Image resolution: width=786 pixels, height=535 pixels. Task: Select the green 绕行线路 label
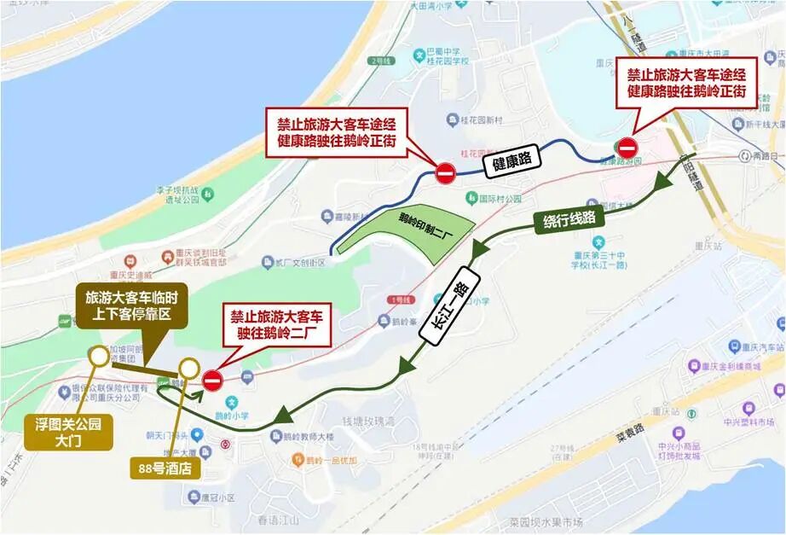tap(569, 220)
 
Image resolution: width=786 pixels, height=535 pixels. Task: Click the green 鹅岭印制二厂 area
tap(400, 227)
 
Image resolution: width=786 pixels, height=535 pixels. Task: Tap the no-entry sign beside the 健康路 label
tap(445, 174)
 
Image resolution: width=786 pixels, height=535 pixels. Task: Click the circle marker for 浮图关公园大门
tap(99, 355)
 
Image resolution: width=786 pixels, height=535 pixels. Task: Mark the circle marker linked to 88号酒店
tap(188, 368)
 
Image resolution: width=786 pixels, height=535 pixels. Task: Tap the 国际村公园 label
tap(500, 198)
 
